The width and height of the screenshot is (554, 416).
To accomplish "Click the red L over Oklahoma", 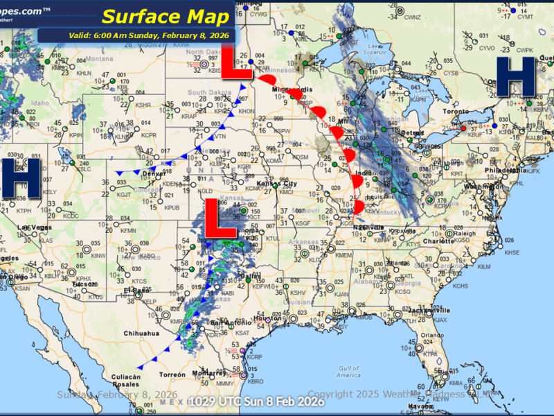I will tap(224, 216).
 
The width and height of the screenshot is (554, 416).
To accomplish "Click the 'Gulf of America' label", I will tap(347, 371).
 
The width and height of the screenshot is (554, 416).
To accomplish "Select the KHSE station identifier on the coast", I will tap(512, 252).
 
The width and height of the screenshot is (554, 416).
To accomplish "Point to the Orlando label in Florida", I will tap(434, 335).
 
